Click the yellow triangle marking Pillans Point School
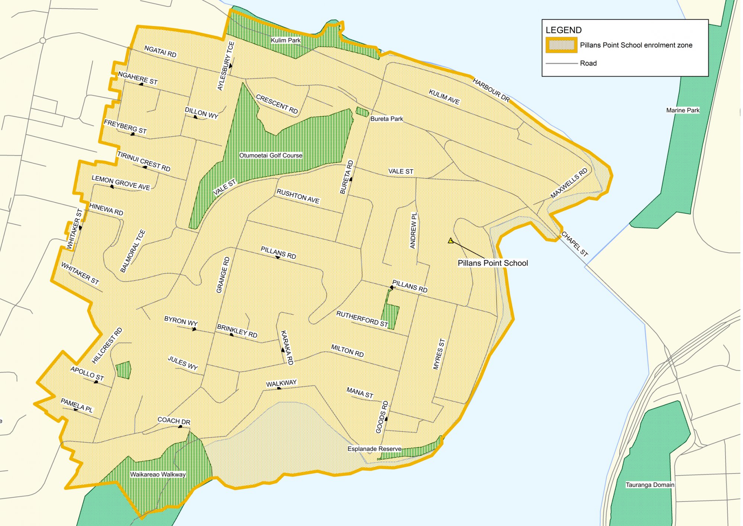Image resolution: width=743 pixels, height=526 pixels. tap(451, 241)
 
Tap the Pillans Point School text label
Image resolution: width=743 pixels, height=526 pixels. tap(492, 263)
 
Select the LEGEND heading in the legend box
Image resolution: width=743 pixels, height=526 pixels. tap(563, 30)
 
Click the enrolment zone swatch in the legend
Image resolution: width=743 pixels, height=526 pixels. tap(561, 45)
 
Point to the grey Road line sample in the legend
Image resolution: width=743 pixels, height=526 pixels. tap(562, 64)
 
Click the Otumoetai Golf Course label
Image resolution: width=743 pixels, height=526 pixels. tap(271, 155)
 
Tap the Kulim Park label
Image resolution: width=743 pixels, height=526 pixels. tap(285, 40)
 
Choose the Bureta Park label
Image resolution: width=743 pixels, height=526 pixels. tap(387, 119)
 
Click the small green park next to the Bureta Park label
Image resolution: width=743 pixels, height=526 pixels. tap(362, 112)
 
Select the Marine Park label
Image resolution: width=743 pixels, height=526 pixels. tap(682, 110)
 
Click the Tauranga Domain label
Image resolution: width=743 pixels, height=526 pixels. tap(650, 485)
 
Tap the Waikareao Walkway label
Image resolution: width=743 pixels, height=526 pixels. tap(158, 474)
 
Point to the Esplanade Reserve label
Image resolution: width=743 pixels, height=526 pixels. tap(374, 449)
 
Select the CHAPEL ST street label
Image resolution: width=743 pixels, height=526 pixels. tap(574, 244)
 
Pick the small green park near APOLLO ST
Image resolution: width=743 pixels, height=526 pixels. tap(123, 370)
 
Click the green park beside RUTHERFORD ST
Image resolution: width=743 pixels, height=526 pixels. tap(391, 316)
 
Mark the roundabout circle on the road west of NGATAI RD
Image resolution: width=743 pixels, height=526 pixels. tap(43, 41)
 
